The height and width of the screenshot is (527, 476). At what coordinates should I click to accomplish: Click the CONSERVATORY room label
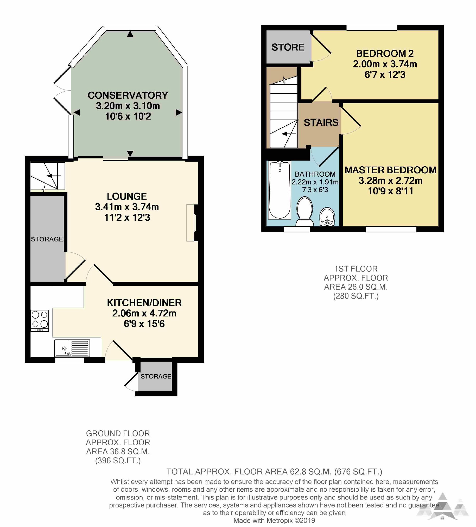click(x=128, y=95)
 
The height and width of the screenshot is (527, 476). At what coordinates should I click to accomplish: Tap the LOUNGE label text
click(x=127, y=196)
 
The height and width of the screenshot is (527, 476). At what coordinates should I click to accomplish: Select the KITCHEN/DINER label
click(x=144, y=303)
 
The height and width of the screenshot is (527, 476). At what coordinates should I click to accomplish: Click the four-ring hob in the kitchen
click(x=40, y=320)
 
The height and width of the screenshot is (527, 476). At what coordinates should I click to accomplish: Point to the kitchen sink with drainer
click(x=72, y=348)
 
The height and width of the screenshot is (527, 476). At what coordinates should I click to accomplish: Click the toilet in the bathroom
click(x=304, y=212)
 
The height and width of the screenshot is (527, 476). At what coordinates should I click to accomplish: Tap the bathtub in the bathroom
click(x=280, y=190)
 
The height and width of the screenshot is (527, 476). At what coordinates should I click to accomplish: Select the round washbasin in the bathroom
click(x=327, y=217)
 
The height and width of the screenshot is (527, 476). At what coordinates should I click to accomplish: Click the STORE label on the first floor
click(x=288, y=47)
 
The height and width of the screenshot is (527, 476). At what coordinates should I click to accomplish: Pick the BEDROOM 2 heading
click(x=385, y=53)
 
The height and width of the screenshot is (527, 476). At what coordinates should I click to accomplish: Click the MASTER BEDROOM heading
click(x=390, y=170)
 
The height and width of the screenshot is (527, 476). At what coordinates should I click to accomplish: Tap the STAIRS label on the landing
click(x=321, y=122)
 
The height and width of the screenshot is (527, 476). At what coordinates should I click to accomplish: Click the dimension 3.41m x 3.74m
click(x=127, y=207)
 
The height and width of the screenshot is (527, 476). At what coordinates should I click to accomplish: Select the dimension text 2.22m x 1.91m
click(x=315, y=182)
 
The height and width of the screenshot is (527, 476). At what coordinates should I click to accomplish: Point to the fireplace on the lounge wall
click(x=192, y=223)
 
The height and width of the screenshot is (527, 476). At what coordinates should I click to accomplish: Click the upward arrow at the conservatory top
click(x=130, y=34)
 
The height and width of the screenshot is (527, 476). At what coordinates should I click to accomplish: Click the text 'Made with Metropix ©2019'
click(x=274, y=520)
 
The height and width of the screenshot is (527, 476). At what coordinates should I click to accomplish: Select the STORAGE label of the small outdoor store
click(x=156, y=376)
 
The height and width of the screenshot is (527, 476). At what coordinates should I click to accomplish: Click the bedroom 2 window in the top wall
click(x=372, y=28)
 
